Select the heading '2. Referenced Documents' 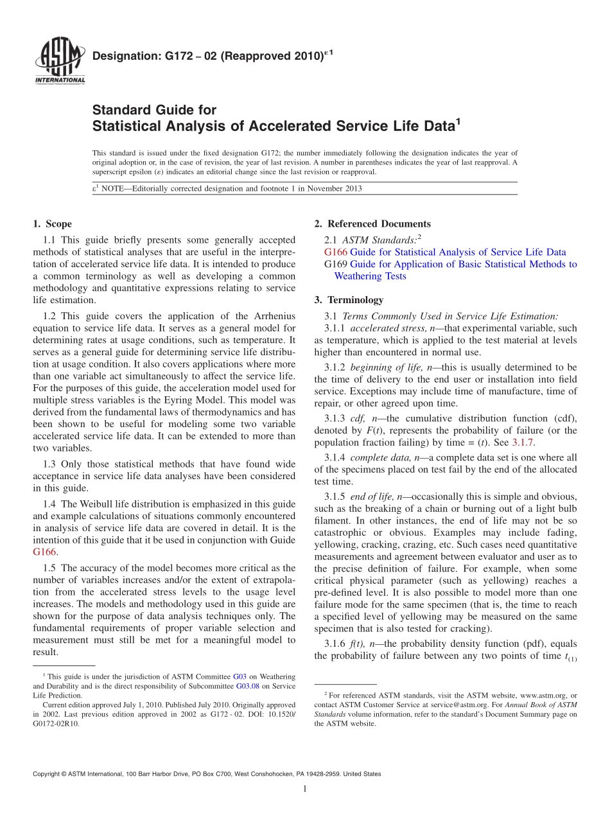pyautogui.click(x=372, y=224)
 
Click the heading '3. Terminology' pyautogui.click(x=349, y=300)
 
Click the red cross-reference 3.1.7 pyautogui.click(x=523, y=443)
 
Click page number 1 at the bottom pyautogui.click(x=305, y=789)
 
